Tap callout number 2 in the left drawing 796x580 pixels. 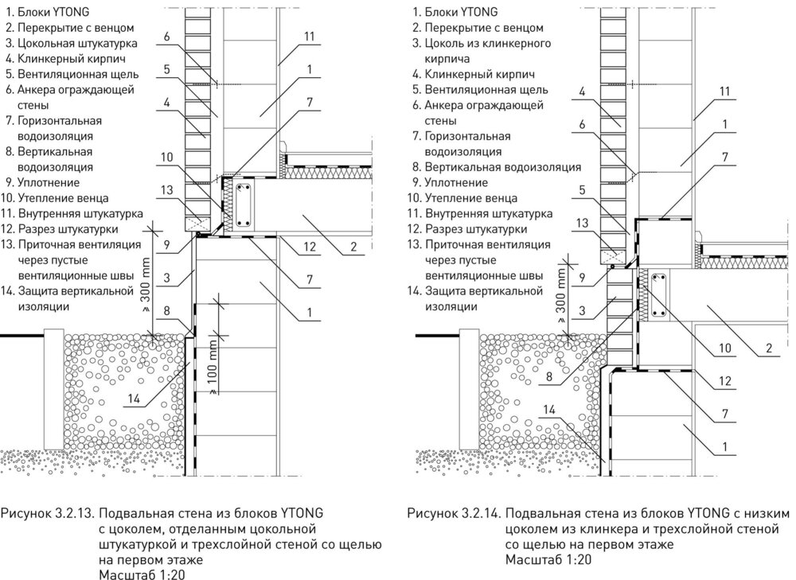[352, 247]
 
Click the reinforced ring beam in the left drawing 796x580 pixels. [245, 206]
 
